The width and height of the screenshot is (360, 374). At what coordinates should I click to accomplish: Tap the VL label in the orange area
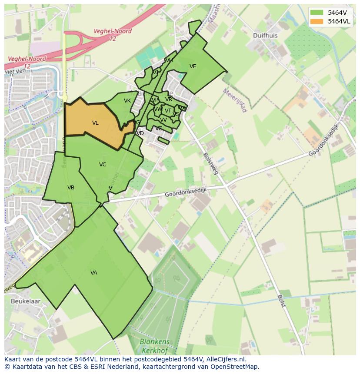click(95, 123)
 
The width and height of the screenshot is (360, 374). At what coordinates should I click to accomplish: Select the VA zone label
click(94, 273)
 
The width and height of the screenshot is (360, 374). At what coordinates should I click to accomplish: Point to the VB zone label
click(71, 188)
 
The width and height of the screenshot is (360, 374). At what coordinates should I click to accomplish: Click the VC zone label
click(103, 165)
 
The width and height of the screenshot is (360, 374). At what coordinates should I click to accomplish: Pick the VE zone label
click(193, 66)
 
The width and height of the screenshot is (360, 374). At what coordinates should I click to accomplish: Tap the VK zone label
click(127, 101)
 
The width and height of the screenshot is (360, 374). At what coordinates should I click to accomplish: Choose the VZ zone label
click(159, 129)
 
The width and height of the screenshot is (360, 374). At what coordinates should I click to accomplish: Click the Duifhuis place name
click(266, 36)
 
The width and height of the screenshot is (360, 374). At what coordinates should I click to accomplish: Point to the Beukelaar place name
click(26, 301)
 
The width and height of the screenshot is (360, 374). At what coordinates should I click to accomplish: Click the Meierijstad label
click(235, 100)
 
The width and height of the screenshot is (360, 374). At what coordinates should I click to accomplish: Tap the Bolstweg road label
click(210, 163)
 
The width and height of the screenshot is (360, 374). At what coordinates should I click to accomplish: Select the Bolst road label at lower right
click(281, 301)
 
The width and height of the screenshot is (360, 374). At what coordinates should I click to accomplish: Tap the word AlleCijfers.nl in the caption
click(225, 360)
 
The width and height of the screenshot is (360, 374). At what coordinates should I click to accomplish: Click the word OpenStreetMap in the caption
click(235, 367)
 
